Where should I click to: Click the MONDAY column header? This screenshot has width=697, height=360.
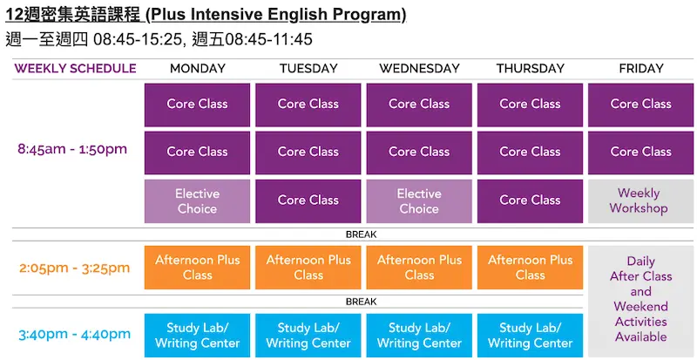pyautogui.click(x=198, y=69)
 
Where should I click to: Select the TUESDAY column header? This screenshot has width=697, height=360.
pyautogui.click(x=308, y=69)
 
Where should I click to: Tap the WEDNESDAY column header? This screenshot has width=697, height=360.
pyautogui.click(x=419, y=69)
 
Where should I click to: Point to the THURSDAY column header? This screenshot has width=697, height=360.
pyautogui.click(x=531, y=69)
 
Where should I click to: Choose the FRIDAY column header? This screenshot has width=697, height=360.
pyautogui.click(x=641, y=69)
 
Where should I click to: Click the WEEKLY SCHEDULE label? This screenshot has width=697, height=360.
pyautogui.click(x=76, y=69)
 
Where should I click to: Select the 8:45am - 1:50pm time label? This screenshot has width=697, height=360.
pyautogui.click(x=72, y=149)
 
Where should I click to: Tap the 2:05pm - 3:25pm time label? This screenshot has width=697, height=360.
pyautogui.click(x=75, y=268)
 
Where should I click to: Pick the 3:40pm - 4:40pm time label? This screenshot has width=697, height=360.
pyautogui.click(x=75, y=334)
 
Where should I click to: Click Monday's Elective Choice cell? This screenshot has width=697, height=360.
pyautogui.click(x=198, y=201)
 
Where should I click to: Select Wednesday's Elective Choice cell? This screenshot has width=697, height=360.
pyautogui.click(x=419, y=201)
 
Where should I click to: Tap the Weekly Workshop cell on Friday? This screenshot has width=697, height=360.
pyautogui.click(x=641, y=201)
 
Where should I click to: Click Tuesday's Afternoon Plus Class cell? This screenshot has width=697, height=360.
pyautogui.click(x=308, y=268)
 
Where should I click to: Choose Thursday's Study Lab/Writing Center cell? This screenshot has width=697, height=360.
pyautogui.click(x=531, y=336)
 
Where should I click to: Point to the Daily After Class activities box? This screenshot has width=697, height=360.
pyautogui.click(x=641, y=302)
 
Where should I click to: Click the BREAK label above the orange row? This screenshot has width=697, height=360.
pyautogui.click(x=362, y=234)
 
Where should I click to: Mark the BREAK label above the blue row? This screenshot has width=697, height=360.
pyautogui.click(x=362, y=302)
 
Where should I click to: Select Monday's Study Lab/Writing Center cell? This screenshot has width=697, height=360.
pyautogui.click(x=198, y=336)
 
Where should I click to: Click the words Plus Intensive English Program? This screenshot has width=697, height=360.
pyautogui.click(x=277, y=15)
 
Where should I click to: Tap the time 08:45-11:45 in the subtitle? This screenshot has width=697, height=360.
pyautogui.click(x=269, y=39)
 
